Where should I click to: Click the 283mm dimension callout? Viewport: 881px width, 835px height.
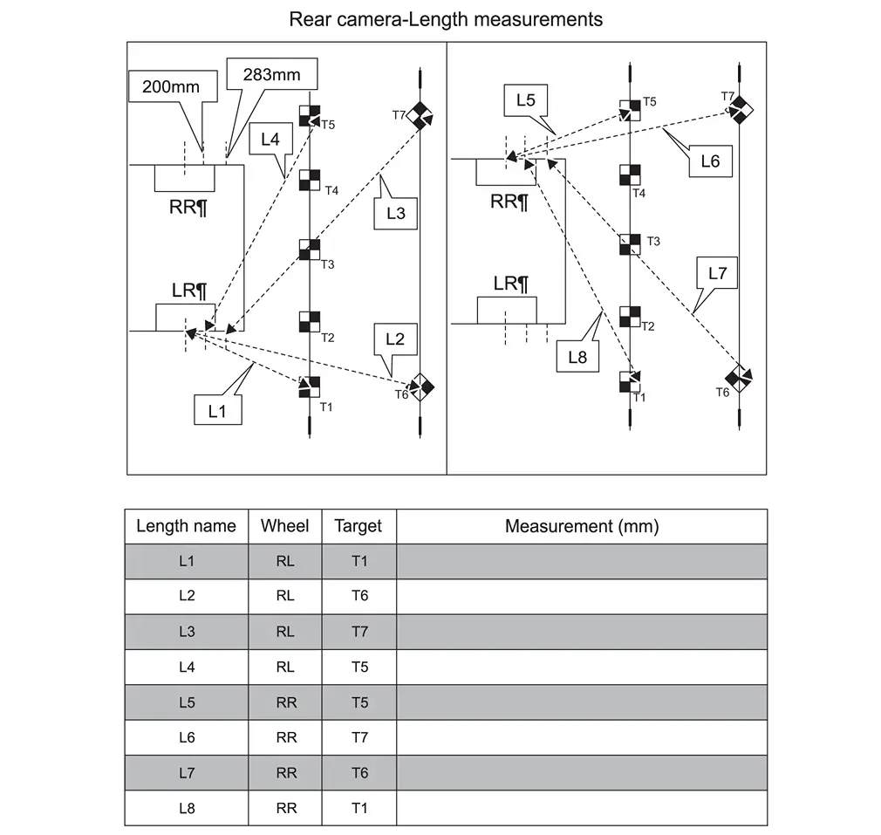(x=271, y=75)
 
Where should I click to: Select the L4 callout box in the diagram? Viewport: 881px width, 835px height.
(x=270, y=139)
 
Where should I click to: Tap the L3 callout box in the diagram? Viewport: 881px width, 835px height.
(x=395, y=212)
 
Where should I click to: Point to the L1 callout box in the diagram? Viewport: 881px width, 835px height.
(x=217, y=411)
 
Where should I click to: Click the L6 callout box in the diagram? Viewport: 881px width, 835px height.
(x=710, y=161)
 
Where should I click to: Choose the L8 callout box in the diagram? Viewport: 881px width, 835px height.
(x=577, y=356)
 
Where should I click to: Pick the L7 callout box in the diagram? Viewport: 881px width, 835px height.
(x=717, y=273)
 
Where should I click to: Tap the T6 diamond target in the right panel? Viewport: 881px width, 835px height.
(x=739, y=378)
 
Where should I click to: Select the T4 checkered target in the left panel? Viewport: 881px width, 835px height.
(x=310, y=181)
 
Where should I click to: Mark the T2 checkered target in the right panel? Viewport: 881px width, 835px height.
(x=630, y=317)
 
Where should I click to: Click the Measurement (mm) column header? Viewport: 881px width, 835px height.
(x=582, y=526)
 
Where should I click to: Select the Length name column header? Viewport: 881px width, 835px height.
(x=186, y=526)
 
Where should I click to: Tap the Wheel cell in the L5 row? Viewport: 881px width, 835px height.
(x=285, y=702)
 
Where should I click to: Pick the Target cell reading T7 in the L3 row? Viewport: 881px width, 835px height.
(x=359, y=632)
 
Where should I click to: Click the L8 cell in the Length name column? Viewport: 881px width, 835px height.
(x=186, y=808)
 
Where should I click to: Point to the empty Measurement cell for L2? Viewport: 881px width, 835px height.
(x=582, y=597)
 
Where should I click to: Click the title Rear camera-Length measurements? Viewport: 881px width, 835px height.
(x=446, y=19)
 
